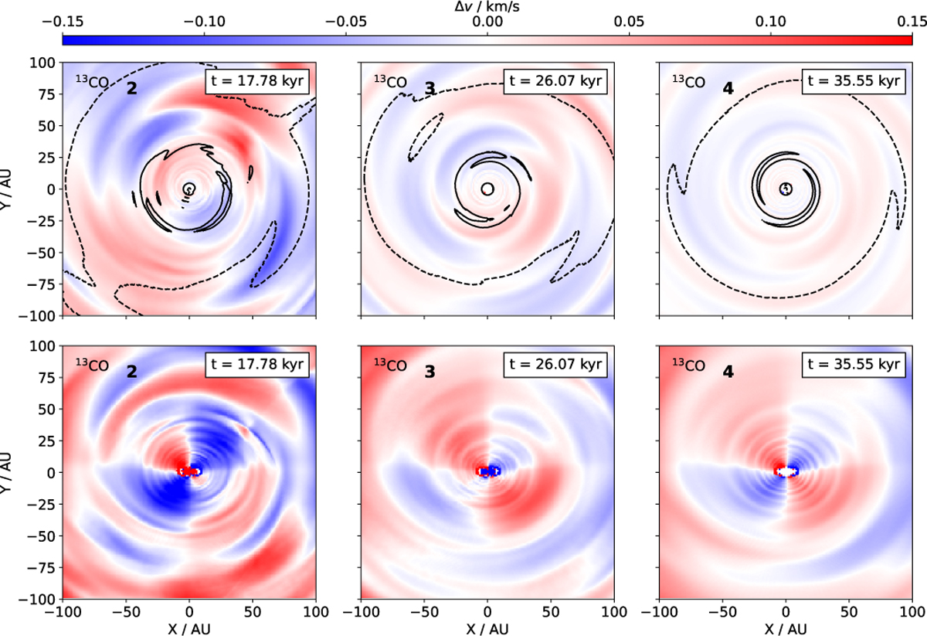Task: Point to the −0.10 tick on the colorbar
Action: click(204, 22)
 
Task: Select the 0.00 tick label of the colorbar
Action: click(487, 22)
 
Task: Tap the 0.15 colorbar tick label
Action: click(912, 22)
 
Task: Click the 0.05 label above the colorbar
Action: click(629, 22)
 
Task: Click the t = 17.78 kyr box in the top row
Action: click(258, 81)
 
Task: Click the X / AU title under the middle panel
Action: click(487, 627)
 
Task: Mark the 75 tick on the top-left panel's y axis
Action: click(49, 94)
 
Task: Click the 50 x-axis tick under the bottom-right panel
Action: click(850, 610)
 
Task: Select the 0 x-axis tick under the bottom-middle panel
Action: click(487, 610)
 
